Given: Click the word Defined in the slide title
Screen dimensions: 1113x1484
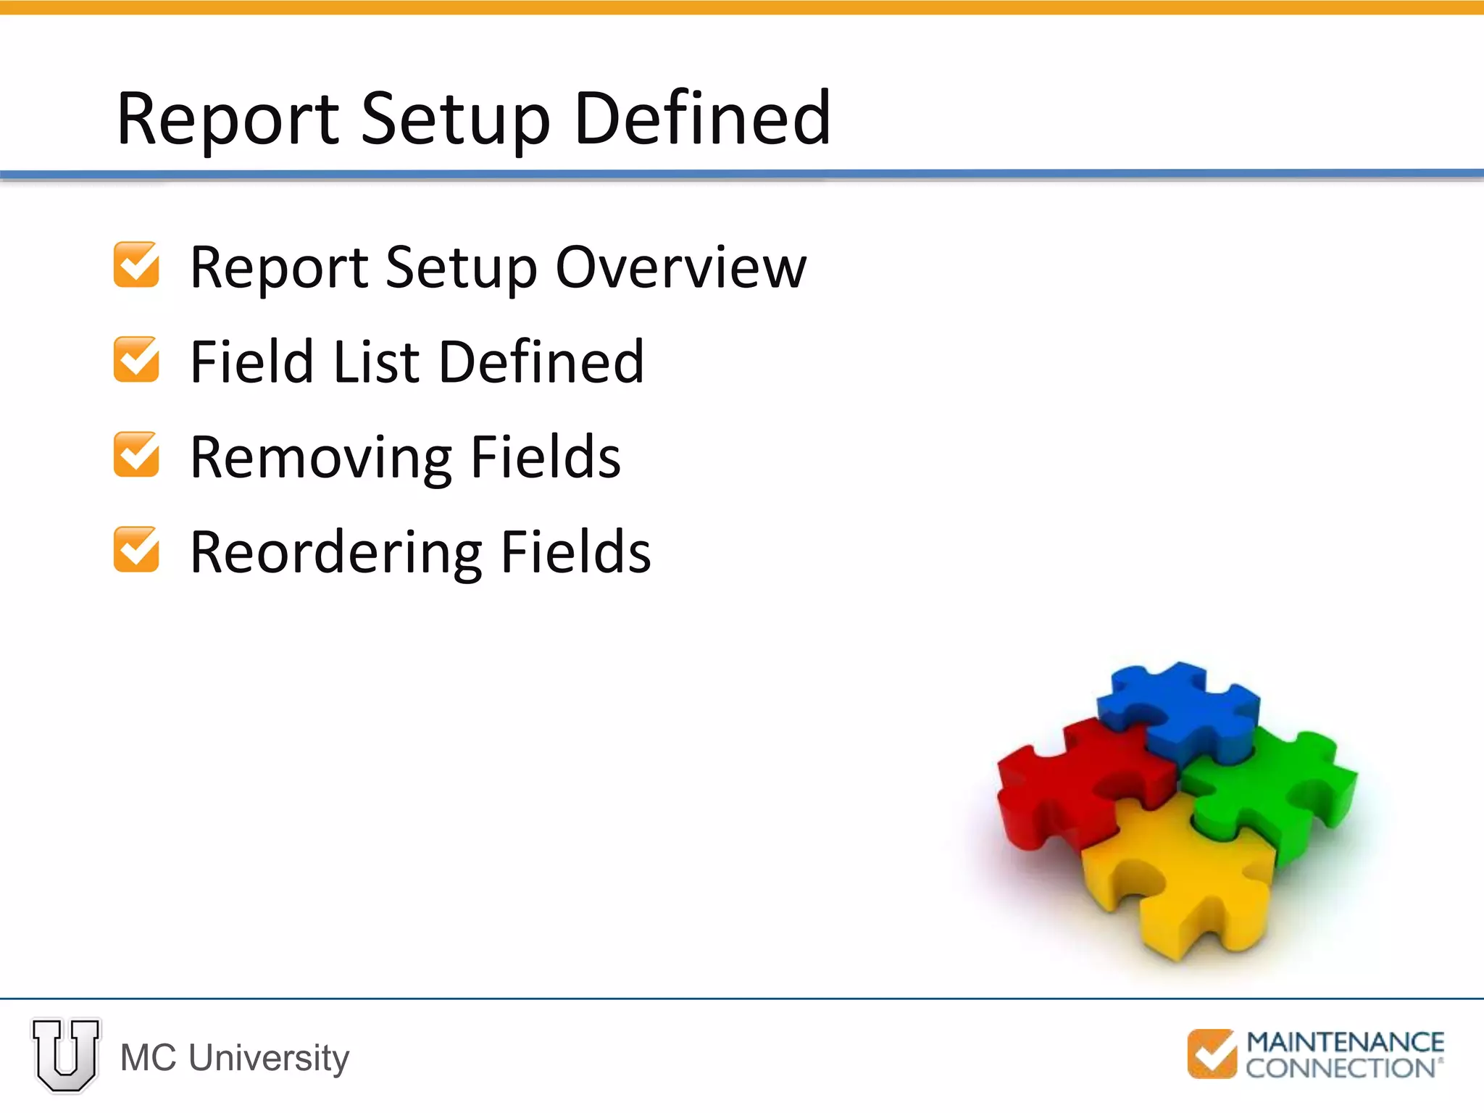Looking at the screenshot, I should tap(701, 118).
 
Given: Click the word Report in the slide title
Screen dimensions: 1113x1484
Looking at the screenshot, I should tap(228, 118).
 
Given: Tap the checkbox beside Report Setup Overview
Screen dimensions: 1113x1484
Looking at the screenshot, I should tap(136, 264).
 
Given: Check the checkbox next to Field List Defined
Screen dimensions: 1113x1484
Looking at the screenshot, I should tap(136, 359).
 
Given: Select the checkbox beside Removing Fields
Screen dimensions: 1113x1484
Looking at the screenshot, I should tap(136, 454).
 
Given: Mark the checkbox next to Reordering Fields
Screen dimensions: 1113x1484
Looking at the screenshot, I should tap(136, 549).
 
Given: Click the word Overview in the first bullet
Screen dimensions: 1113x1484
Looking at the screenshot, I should tap(680, 267).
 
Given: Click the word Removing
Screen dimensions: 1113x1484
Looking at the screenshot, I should tap(320, 457).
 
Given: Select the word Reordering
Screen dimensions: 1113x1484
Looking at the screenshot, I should tap(335, 553).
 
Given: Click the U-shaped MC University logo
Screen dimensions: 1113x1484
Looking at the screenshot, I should tap(66, 1055).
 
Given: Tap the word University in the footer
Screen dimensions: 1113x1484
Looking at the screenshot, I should tap(269, 1057).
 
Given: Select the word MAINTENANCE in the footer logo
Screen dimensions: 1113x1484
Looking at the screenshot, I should tap(1345, 1042).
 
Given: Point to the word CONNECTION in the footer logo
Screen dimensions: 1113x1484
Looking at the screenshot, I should tap(1341, 1068).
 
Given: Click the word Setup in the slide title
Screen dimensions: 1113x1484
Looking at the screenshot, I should tap(455, 118).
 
